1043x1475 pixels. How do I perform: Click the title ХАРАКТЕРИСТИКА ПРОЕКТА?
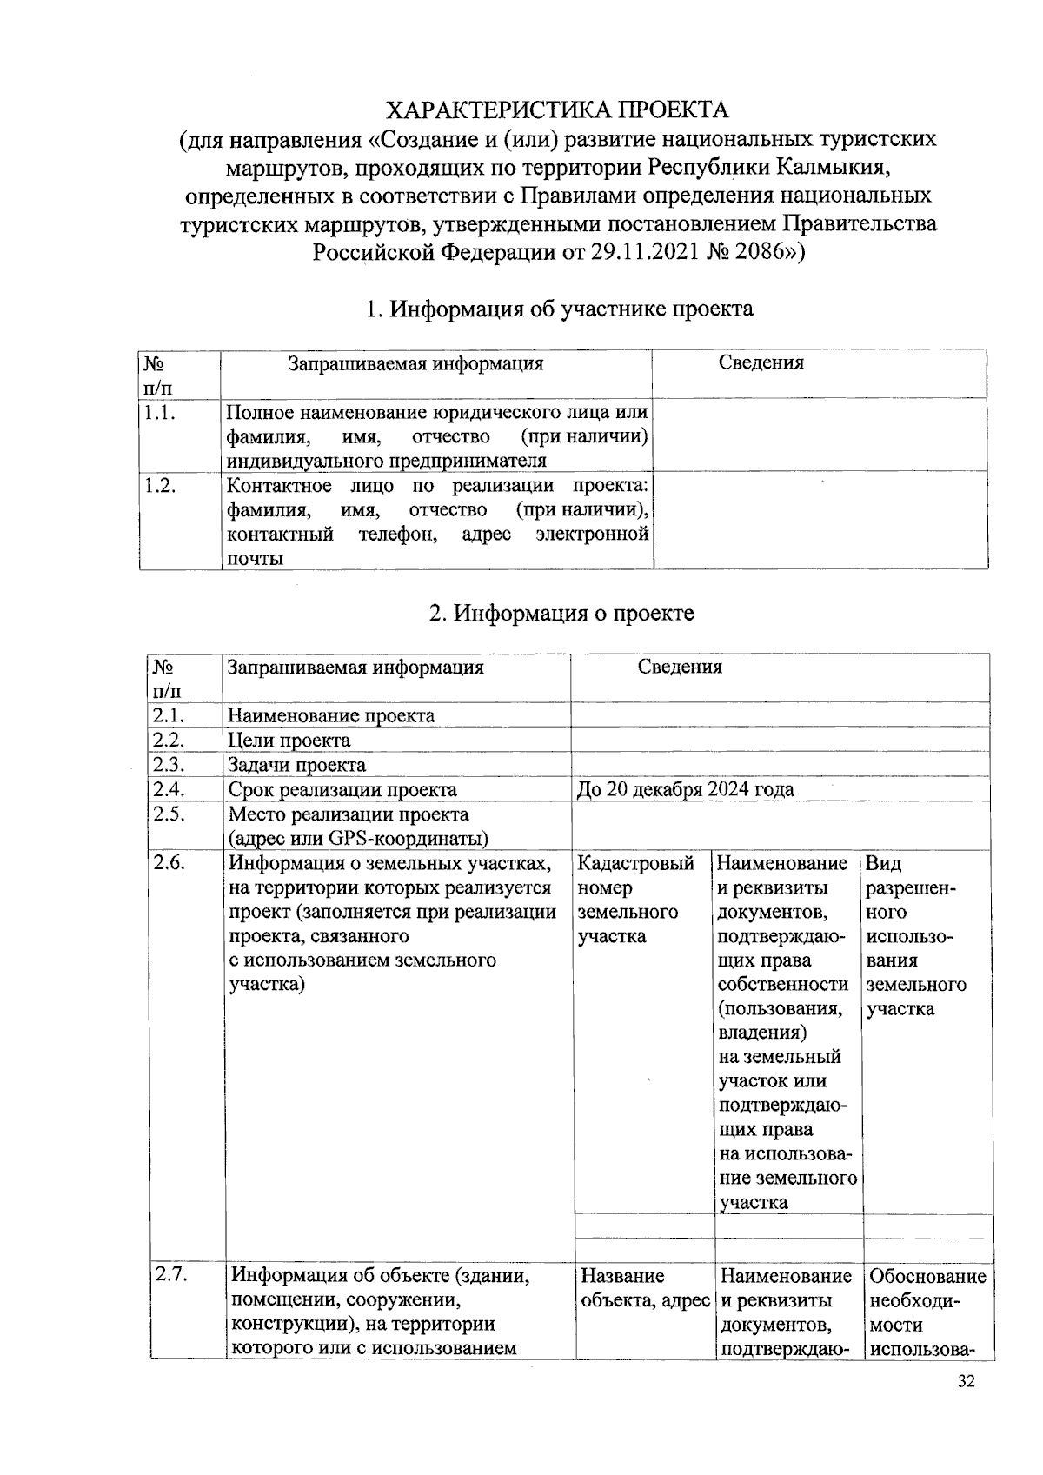click(557, 110)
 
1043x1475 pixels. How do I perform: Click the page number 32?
click(966, 1381)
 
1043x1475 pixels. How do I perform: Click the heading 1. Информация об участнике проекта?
click(558, 309)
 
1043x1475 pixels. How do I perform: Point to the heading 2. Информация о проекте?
click(561, 613)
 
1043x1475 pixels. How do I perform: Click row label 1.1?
click(160, 414)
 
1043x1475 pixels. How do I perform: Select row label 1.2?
click(160, 486)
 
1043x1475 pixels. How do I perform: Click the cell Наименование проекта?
click(331, 715)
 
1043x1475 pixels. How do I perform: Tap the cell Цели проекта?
click(289, 741)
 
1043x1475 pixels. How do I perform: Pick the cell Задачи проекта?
click(296, 765)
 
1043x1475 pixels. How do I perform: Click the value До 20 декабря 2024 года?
click(685, 789)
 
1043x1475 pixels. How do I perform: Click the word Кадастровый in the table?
click(635, 863)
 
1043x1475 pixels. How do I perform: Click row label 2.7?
click(171, 1275)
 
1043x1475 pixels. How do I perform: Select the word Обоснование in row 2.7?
click(927, 1276)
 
